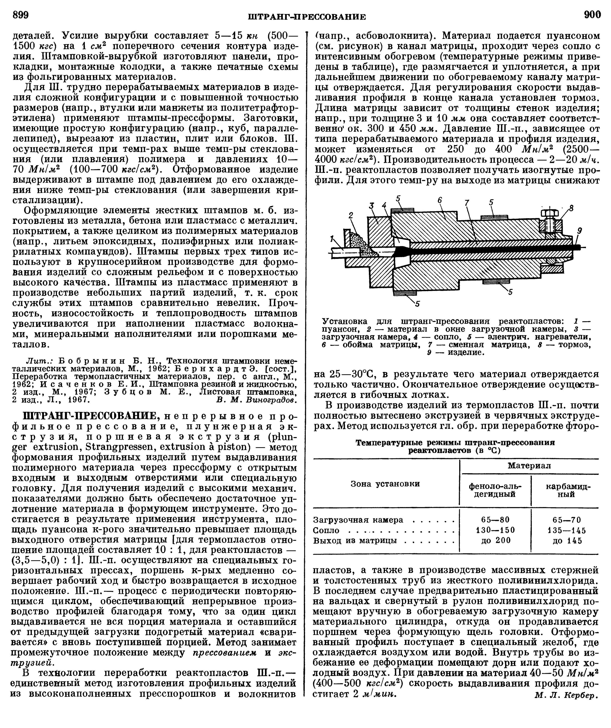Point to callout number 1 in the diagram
pos(332,238)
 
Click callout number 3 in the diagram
pos(372,206)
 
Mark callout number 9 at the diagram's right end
pos(579,230)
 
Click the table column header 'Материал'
pos(529,466)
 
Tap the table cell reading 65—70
pos(567,520)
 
